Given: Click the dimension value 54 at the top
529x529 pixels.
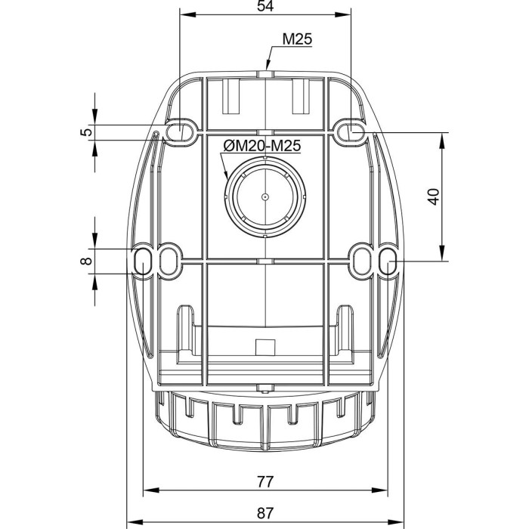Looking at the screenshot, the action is pyautogui.click(x=265, y=6).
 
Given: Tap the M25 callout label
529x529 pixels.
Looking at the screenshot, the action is pyautogui.click(x=297, y=39).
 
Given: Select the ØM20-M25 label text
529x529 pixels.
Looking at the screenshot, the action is pyautogui.click(x=261, y=146).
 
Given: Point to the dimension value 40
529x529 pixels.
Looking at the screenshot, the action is pyautogui.click(x=434, y=196).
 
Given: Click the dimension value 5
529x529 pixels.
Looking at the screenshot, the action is pyautogui.click(x=86, y=131).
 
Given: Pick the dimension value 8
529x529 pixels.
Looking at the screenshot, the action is pyautogui.click(x=86, y=261).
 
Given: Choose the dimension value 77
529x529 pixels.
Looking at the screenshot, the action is pyautogui.click(x=265, y=482).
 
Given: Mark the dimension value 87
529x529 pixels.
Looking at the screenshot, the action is pyautogui.click(x=265, y=513).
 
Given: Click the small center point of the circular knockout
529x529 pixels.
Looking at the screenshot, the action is pyautogui.click(x=265, y=196).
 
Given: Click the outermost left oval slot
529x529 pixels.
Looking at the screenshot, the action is pyautogui.click(x=143, y=261).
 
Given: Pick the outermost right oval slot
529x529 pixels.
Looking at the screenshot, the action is pyautogui.click(x=388, y=261).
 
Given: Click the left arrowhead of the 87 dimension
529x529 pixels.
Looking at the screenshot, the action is pyautogui.click(x=135, y=522).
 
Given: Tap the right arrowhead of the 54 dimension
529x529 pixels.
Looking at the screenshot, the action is pyautogui.click(x=343, y=14).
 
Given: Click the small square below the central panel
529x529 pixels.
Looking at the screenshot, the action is pyautogui.click(x=265, y=347).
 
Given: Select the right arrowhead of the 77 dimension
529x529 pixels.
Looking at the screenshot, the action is pyautogui.click(x=380, y=490).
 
